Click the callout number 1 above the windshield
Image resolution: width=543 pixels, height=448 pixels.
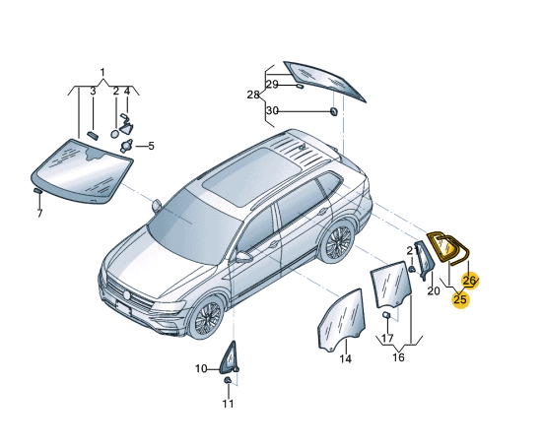102,73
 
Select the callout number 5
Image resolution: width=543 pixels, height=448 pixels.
151,146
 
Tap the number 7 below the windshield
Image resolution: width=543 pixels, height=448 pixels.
39,214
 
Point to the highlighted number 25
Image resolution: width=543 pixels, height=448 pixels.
460,299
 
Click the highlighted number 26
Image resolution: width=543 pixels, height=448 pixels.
469,281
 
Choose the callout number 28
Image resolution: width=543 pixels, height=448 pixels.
253,95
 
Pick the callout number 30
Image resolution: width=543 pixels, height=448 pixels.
272,111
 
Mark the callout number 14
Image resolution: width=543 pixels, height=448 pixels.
345,359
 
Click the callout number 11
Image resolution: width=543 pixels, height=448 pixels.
228,404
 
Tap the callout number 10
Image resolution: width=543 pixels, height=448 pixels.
201,369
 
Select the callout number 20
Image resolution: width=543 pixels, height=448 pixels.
434,290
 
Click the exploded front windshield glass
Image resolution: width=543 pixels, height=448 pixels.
82,171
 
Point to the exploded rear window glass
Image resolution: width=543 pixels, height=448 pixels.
324,81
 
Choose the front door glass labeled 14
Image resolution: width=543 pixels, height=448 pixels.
342,319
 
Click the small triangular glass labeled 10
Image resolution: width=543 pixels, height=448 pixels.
229,357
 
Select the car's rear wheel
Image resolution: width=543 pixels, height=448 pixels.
337,240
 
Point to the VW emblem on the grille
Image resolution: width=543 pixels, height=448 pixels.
127,295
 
